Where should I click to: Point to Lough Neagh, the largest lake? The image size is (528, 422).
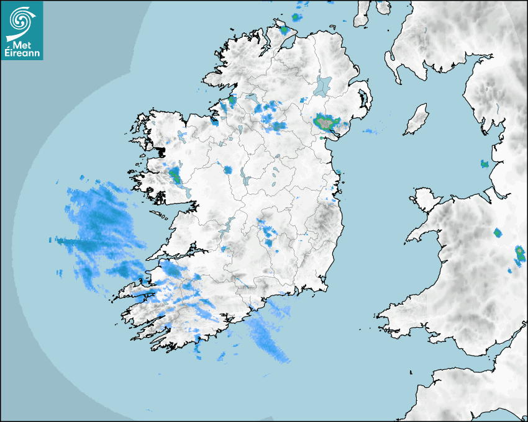click(x=324, y=85)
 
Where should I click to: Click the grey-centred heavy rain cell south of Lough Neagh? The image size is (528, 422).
click(x=325, y=121)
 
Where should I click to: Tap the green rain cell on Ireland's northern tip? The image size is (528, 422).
click(x=285, y=29)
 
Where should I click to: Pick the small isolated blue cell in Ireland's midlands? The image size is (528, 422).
click(x=227, y=169)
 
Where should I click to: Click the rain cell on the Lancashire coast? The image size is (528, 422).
click(x=485, y=164)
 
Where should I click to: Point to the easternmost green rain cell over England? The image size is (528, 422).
click(x=519, y=253)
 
